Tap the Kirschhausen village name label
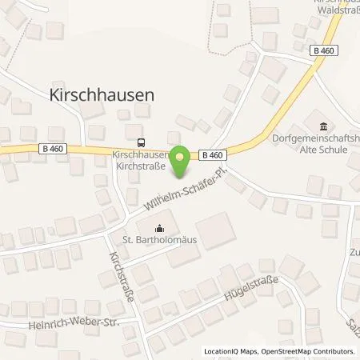click(102, 94)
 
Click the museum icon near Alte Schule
click(324, 126)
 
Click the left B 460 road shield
click(50, 147)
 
